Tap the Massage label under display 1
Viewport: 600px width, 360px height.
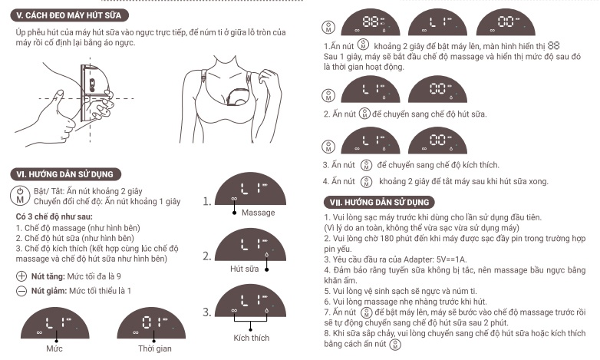[258, 212]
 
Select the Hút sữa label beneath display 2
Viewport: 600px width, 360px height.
[245, 270]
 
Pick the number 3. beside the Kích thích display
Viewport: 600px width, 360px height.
[208, 312]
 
